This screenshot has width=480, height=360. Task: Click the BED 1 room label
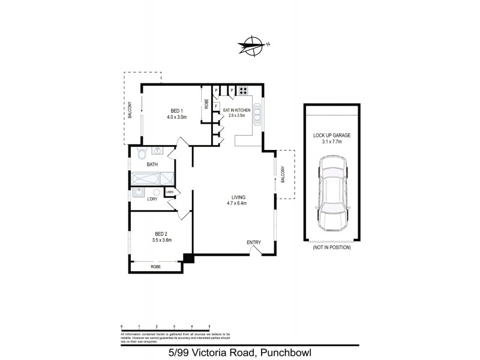(176, 110)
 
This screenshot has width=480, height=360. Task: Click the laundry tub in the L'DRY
(139, 192)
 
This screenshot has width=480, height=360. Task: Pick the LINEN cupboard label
(170, 193)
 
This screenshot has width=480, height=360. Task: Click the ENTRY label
(254, 242)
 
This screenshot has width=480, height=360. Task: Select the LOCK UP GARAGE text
(332, 136)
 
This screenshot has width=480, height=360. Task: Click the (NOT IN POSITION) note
(332, 247)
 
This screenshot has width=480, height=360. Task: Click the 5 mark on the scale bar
(209, 326)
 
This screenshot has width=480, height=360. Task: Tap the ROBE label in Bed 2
(155, 266)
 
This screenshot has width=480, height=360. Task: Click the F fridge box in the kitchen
(215, 106)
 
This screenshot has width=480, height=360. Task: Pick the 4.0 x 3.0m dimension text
(177, 117)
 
